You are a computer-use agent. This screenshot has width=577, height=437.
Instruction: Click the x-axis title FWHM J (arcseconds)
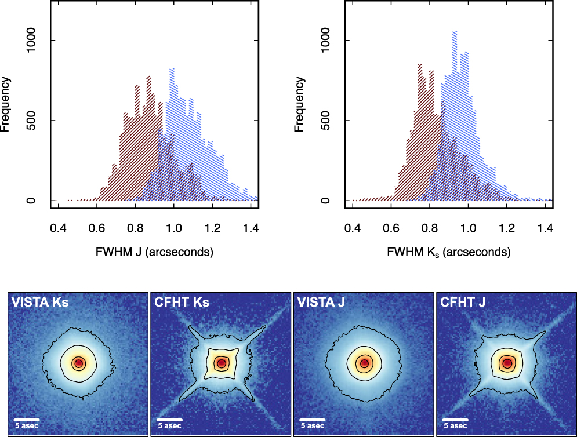(x=154, y=252)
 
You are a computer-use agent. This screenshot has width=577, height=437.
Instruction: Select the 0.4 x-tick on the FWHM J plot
(x=58, y=230)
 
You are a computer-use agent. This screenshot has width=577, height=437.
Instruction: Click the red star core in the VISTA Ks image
(x=78, y=363)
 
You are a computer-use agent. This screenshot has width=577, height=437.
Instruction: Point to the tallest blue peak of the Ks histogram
(x=455, y=32)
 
